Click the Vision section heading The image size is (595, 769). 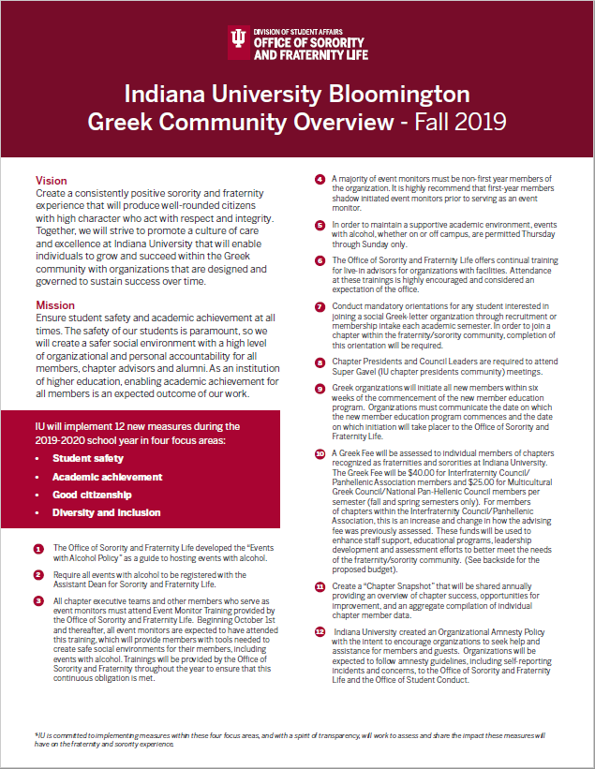pyautogui.click(x=51, y=180)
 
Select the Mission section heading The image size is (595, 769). pyautogui.click(x=54, y=305)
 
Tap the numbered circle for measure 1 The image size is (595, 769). pyautogui.click(x=38, y=549)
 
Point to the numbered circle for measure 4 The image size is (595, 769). pyautogui.click(x=320, y=179)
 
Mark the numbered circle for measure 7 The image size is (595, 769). pyautogui.click(x=320, y=306)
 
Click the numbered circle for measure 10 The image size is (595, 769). pyautogui.click(x=320, y=453)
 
